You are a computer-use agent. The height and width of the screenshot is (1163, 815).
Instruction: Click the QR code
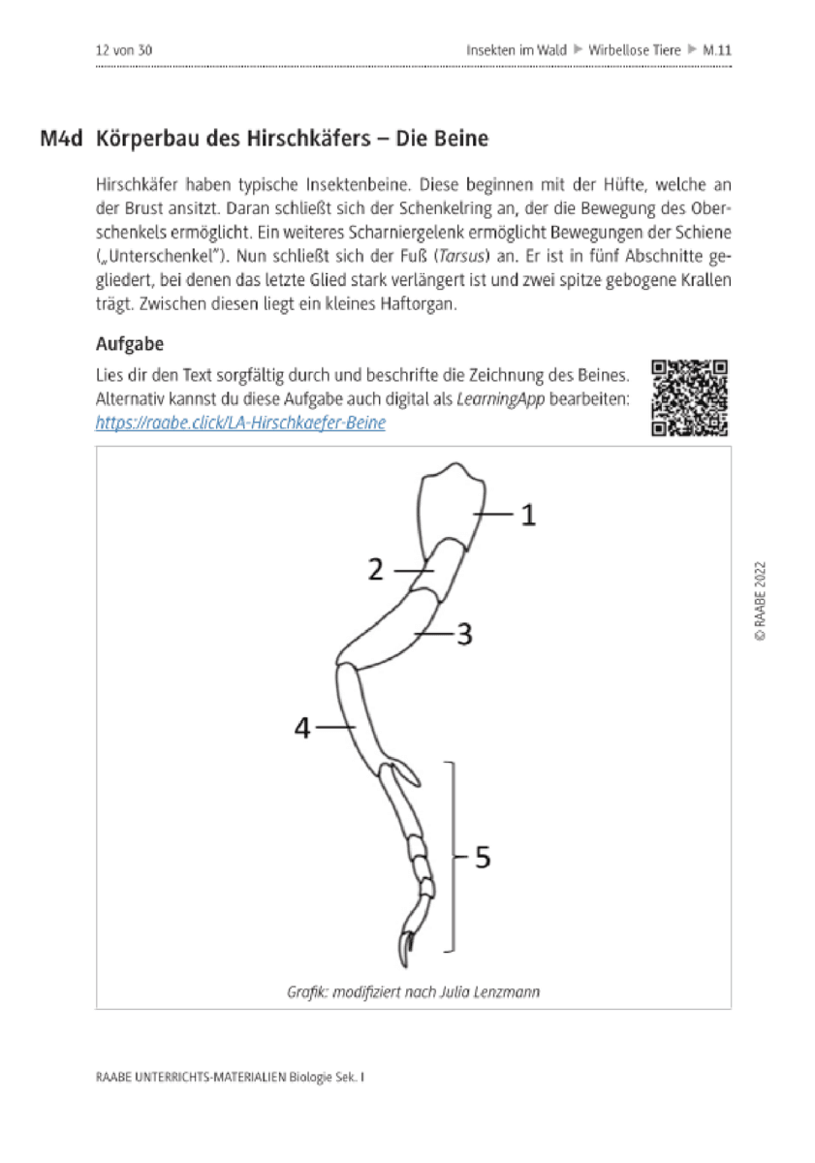click(x=689, y=397)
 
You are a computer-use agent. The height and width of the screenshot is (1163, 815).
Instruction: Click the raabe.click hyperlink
click(x=240, y=423)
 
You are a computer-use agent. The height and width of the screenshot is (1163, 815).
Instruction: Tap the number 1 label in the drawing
click(x=528, y=515)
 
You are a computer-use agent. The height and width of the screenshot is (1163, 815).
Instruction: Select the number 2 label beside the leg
click(x=375, y=570)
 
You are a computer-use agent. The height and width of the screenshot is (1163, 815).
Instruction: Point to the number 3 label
click(x=464, y=635)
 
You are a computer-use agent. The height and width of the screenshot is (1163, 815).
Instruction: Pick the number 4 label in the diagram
click(x=301, y=728)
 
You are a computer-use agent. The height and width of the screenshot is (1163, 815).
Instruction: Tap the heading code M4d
click(x=61, y=139)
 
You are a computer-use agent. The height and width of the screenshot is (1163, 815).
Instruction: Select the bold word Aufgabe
click(x=130, y=344)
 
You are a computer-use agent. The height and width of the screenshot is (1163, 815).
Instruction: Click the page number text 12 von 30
click(x=123, y=50)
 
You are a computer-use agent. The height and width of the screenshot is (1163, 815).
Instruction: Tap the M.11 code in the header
click(x=717, y=50)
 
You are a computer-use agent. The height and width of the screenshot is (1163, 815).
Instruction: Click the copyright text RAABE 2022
click(x=760, y=601)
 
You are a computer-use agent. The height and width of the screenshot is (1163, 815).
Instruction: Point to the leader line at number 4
click(x=335, y=727)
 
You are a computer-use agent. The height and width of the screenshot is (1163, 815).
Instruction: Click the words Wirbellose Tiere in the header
click(x=635, y=50)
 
